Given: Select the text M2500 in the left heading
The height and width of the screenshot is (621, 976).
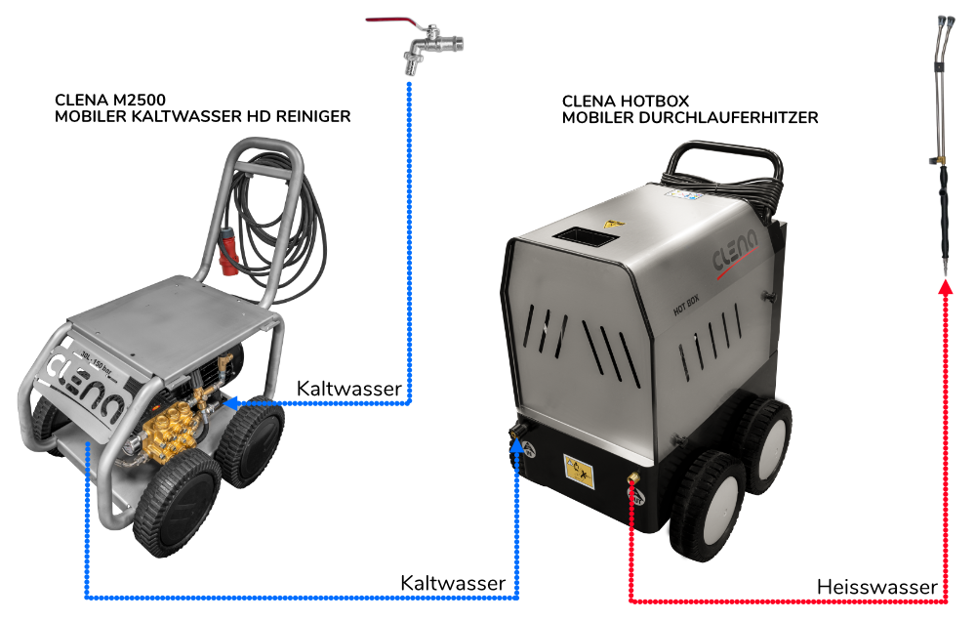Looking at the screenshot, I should [138, 100].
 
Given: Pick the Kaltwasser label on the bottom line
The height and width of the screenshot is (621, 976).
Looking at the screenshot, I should [453, 583].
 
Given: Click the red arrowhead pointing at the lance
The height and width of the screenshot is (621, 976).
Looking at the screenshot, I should [944, 288].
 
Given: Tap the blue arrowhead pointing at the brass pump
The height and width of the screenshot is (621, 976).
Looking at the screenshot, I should [230, 400].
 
